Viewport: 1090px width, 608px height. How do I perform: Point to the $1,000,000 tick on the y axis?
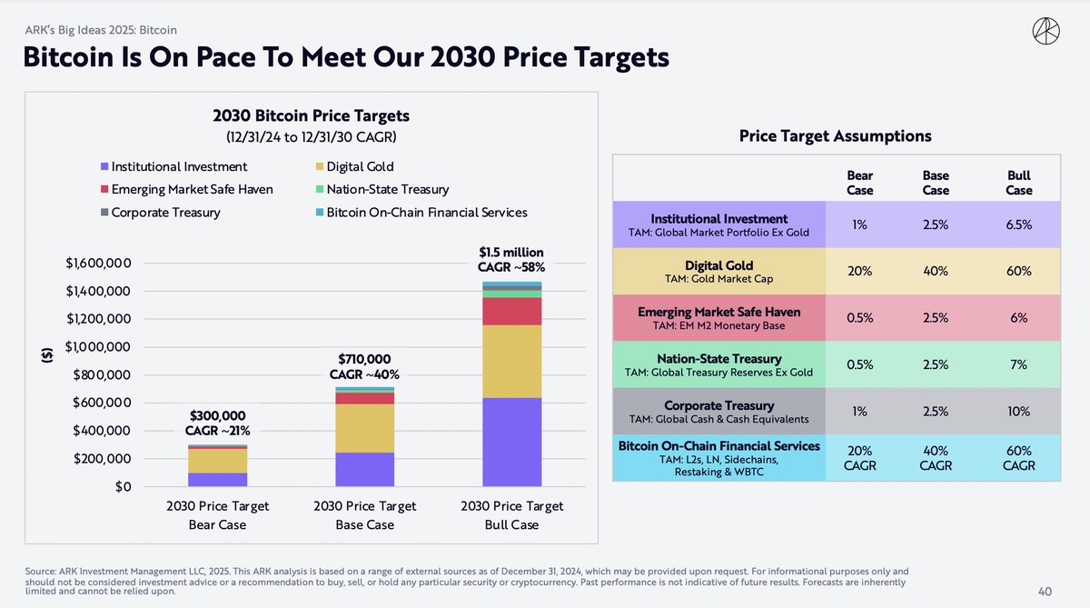[x=96, y=347]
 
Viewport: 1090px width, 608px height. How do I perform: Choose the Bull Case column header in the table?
[x=1018, y=183]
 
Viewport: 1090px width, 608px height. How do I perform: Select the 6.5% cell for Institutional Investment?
[x=1018, y=224]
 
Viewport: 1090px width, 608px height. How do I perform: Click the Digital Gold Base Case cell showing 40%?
[x=936, y=271]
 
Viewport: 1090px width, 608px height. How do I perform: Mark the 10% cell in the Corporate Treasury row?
[x=1018, y=411]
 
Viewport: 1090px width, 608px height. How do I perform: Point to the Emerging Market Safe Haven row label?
[x=719, y=318]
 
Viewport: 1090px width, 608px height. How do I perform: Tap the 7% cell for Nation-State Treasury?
[x=1018, y=364]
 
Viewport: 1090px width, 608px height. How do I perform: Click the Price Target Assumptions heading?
[x=836, y=136]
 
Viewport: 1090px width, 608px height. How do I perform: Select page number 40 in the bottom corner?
[x=1044, y=592]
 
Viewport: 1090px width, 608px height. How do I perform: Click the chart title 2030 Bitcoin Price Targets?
[x=311, y=115]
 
